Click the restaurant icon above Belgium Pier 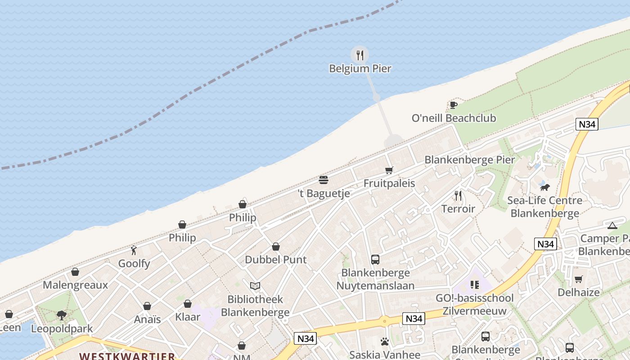pos(360,55)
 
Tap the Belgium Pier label pos(360,69)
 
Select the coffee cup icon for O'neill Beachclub pos(454,105)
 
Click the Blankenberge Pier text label pos(469,160)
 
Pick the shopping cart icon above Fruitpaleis pos(389,170)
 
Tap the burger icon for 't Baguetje pos(323,180)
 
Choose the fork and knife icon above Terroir pos(458,196)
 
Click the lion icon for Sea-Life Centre pos(544,187)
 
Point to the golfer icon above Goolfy pos(134,250)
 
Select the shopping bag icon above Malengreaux pos(75,272)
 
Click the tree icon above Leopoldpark pos(62,315)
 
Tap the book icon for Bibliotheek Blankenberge pos(255,286)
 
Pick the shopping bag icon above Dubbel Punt pos(276,247)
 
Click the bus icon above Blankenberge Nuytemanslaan pos(375,259)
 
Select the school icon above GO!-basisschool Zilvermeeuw pos(474,284)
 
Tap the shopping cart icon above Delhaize pos(578,279)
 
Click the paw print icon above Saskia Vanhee pos(384,342)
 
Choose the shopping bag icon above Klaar pos(188,304)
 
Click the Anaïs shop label pos(147,319)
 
